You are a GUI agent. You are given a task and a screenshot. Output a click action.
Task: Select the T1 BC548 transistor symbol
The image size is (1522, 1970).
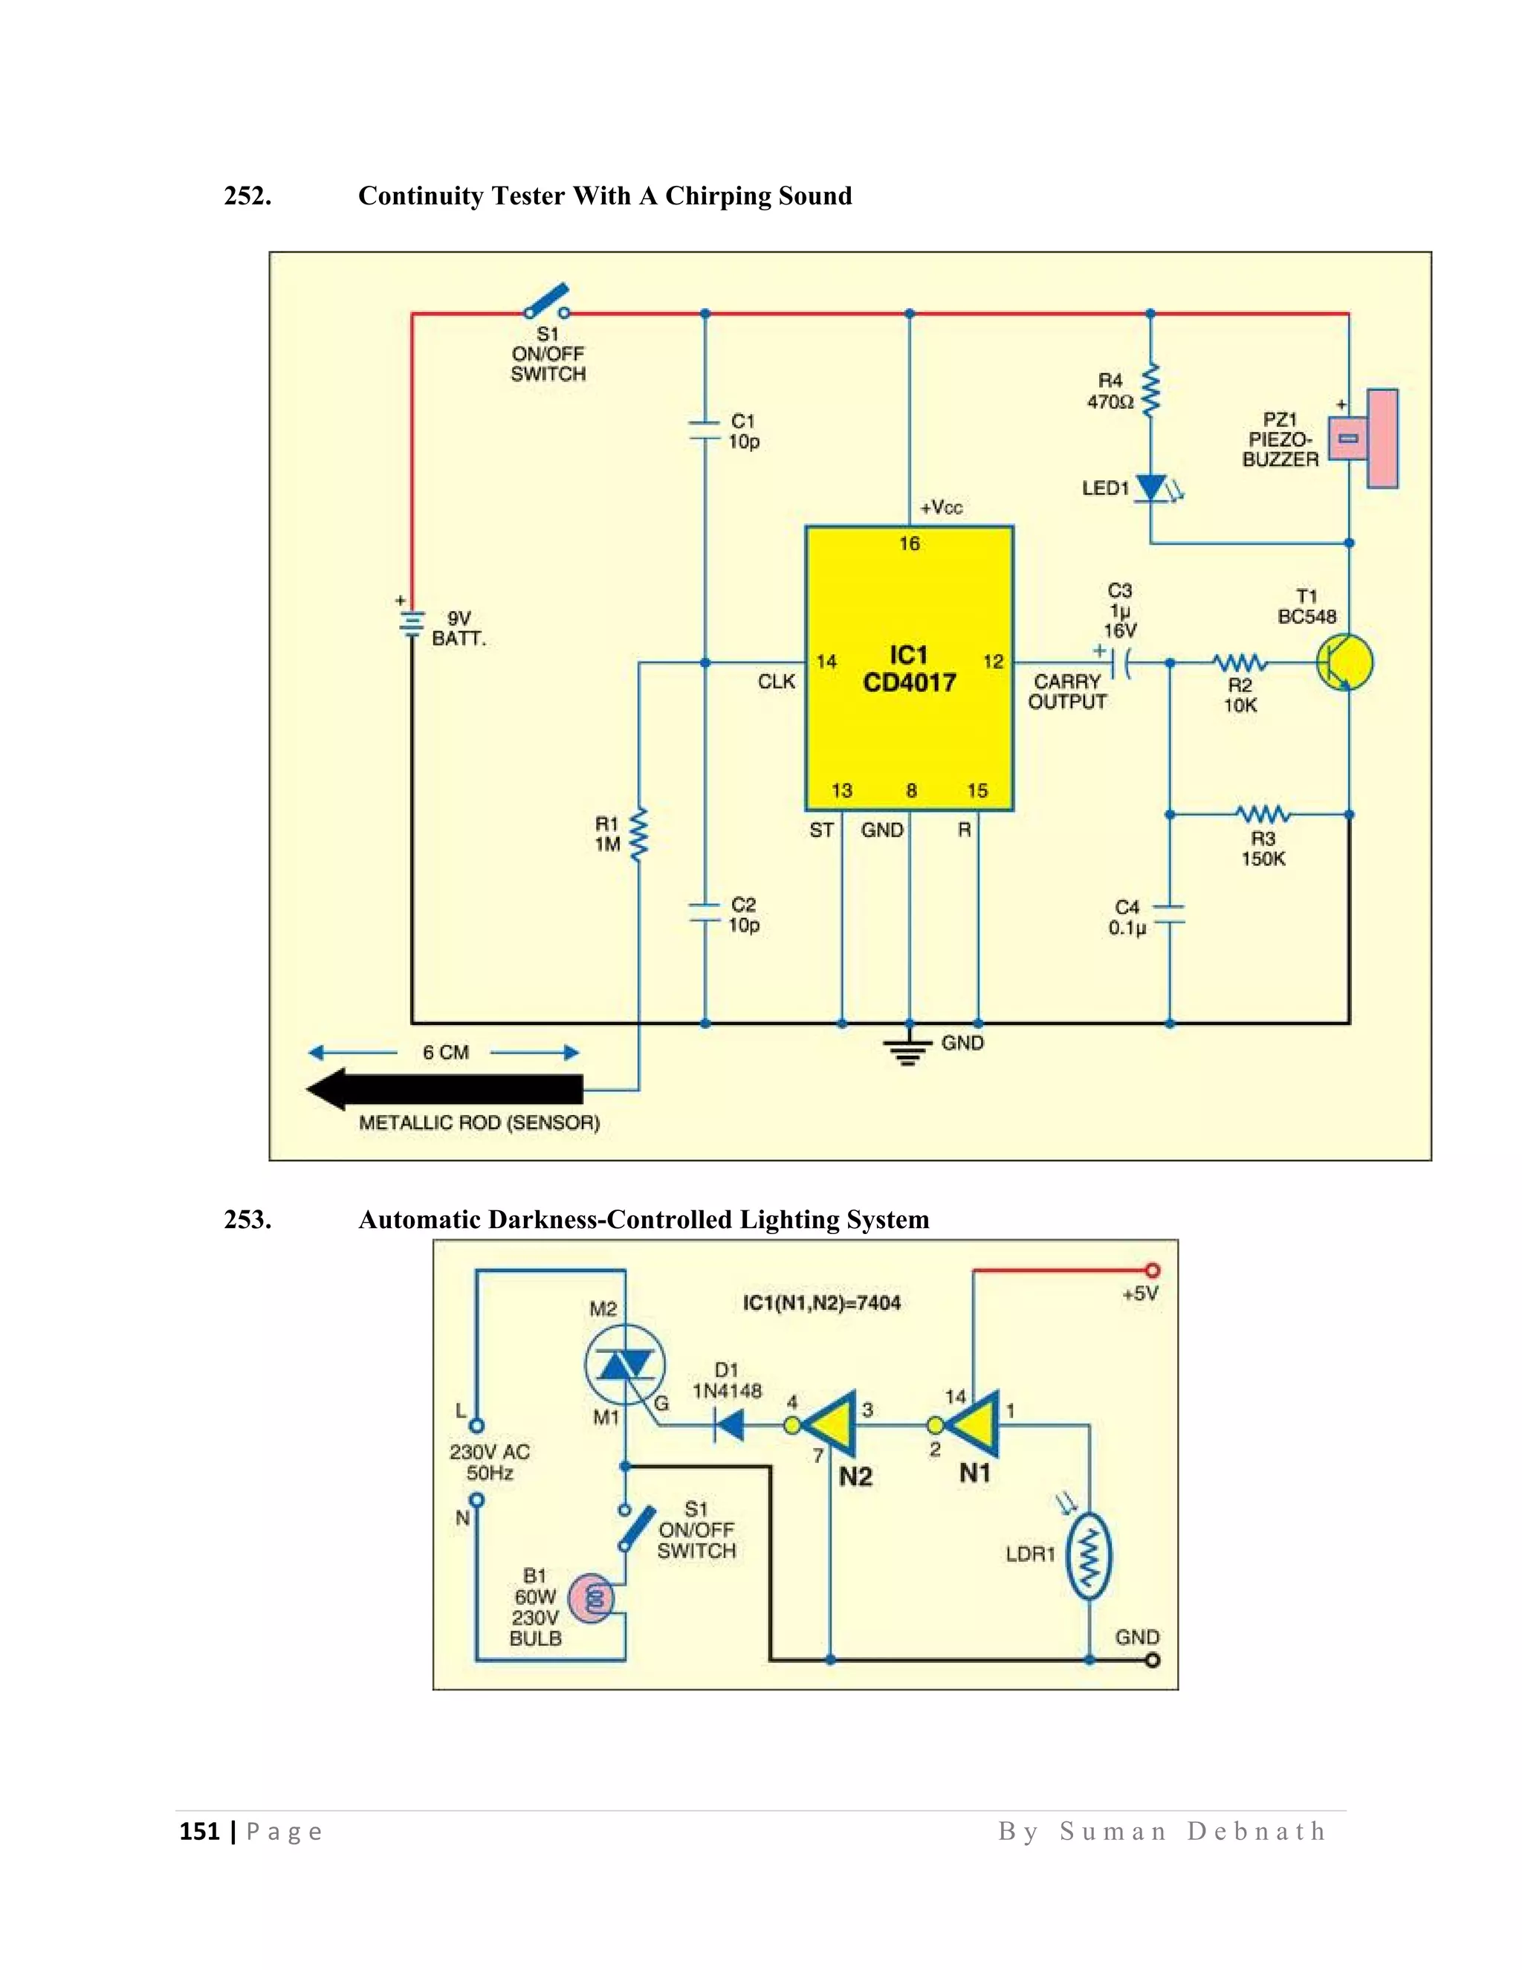coord(1343,663)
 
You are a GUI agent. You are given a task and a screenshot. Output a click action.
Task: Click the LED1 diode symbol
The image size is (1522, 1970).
coord(1151,488)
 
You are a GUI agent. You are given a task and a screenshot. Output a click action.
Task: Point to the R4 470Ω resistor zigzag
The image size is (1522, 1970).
coord(1150,390)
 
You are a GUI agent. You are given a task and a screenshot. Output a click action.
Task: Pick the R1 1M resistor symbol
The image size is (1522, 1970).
coord(638,834)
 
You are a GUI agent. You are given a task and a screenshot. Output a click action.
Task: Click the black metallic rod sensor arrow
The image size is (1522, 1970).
coord(445,1089)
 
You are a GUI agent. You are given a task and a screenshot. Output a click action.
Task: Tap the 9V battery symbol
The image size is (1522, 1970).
coord(411,622)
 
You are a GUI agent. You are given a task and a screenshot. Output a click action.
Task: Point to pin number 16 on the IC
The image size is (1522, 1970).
coord(909,543)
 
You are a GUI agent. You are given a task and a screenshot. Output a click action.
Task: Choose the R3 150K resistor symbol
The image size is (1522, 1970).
coord(1263,815)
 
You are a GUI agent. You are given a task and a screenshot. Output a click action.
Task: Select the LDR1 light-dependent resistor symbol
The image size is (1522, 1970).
coord(1089,1556)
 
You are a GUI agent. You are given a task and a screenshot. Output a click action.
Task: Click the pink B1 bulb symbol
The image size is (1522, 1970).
coord(592,1598)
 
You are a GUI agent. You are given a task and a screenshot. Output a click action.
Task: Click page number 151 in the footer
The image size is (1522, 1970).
coord(199,1831)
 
